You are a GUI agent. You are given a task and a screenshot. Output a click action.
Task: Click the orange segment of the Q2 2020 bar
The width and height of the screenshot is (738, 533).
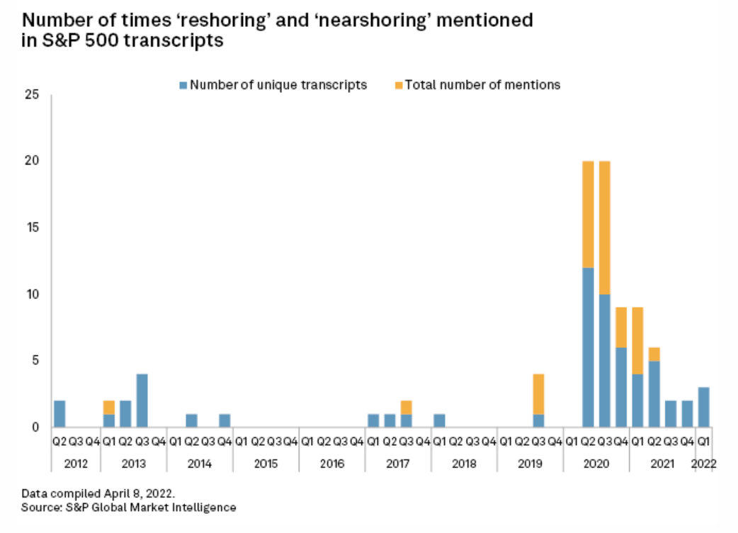click(588, 214)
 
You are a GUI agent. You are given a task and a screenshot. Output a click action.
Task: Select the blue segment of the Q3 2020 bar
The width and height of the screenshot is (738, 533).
click(605, 360)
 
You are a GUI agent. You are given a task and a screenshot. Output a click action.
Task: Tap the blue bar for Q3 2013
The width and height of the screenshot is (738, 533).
click(142, 400)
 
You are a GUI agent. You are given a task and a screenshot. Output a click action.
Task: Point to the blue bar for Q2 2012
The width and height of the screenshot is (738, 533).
click(59, 413)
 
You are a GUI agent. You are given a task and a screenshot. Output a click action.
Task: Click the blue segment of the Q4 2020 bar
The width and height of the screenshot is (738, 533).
click(621, 386)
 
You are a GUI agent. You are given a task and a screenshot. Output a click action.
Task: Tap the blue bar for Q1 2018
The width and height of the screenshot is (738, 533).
click(439, 420)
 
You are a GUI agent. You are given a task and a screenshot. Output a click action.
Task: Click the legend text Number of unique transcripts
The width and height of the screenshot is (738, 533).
click(278, 85)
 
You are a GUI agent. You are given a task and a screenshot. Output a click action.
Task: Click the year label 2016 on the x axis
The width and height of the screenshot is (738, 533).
click(331, 464)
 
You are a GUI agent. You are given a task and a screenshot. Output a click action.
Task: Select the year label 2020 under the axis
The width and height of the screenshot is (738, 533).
click(596, 464)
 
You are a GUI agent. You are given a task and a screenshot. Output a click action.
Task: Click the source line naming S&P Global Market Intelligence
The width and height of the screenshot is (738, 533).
click(128, 507)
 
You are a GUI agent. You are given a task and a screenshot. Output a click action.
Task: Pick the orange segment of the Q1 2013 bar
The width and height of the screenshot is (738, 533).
click(109, 407)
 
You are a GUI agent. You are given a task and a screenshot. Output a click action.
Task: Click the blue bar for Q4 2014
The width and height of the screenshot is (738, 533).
click(225, 420)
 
